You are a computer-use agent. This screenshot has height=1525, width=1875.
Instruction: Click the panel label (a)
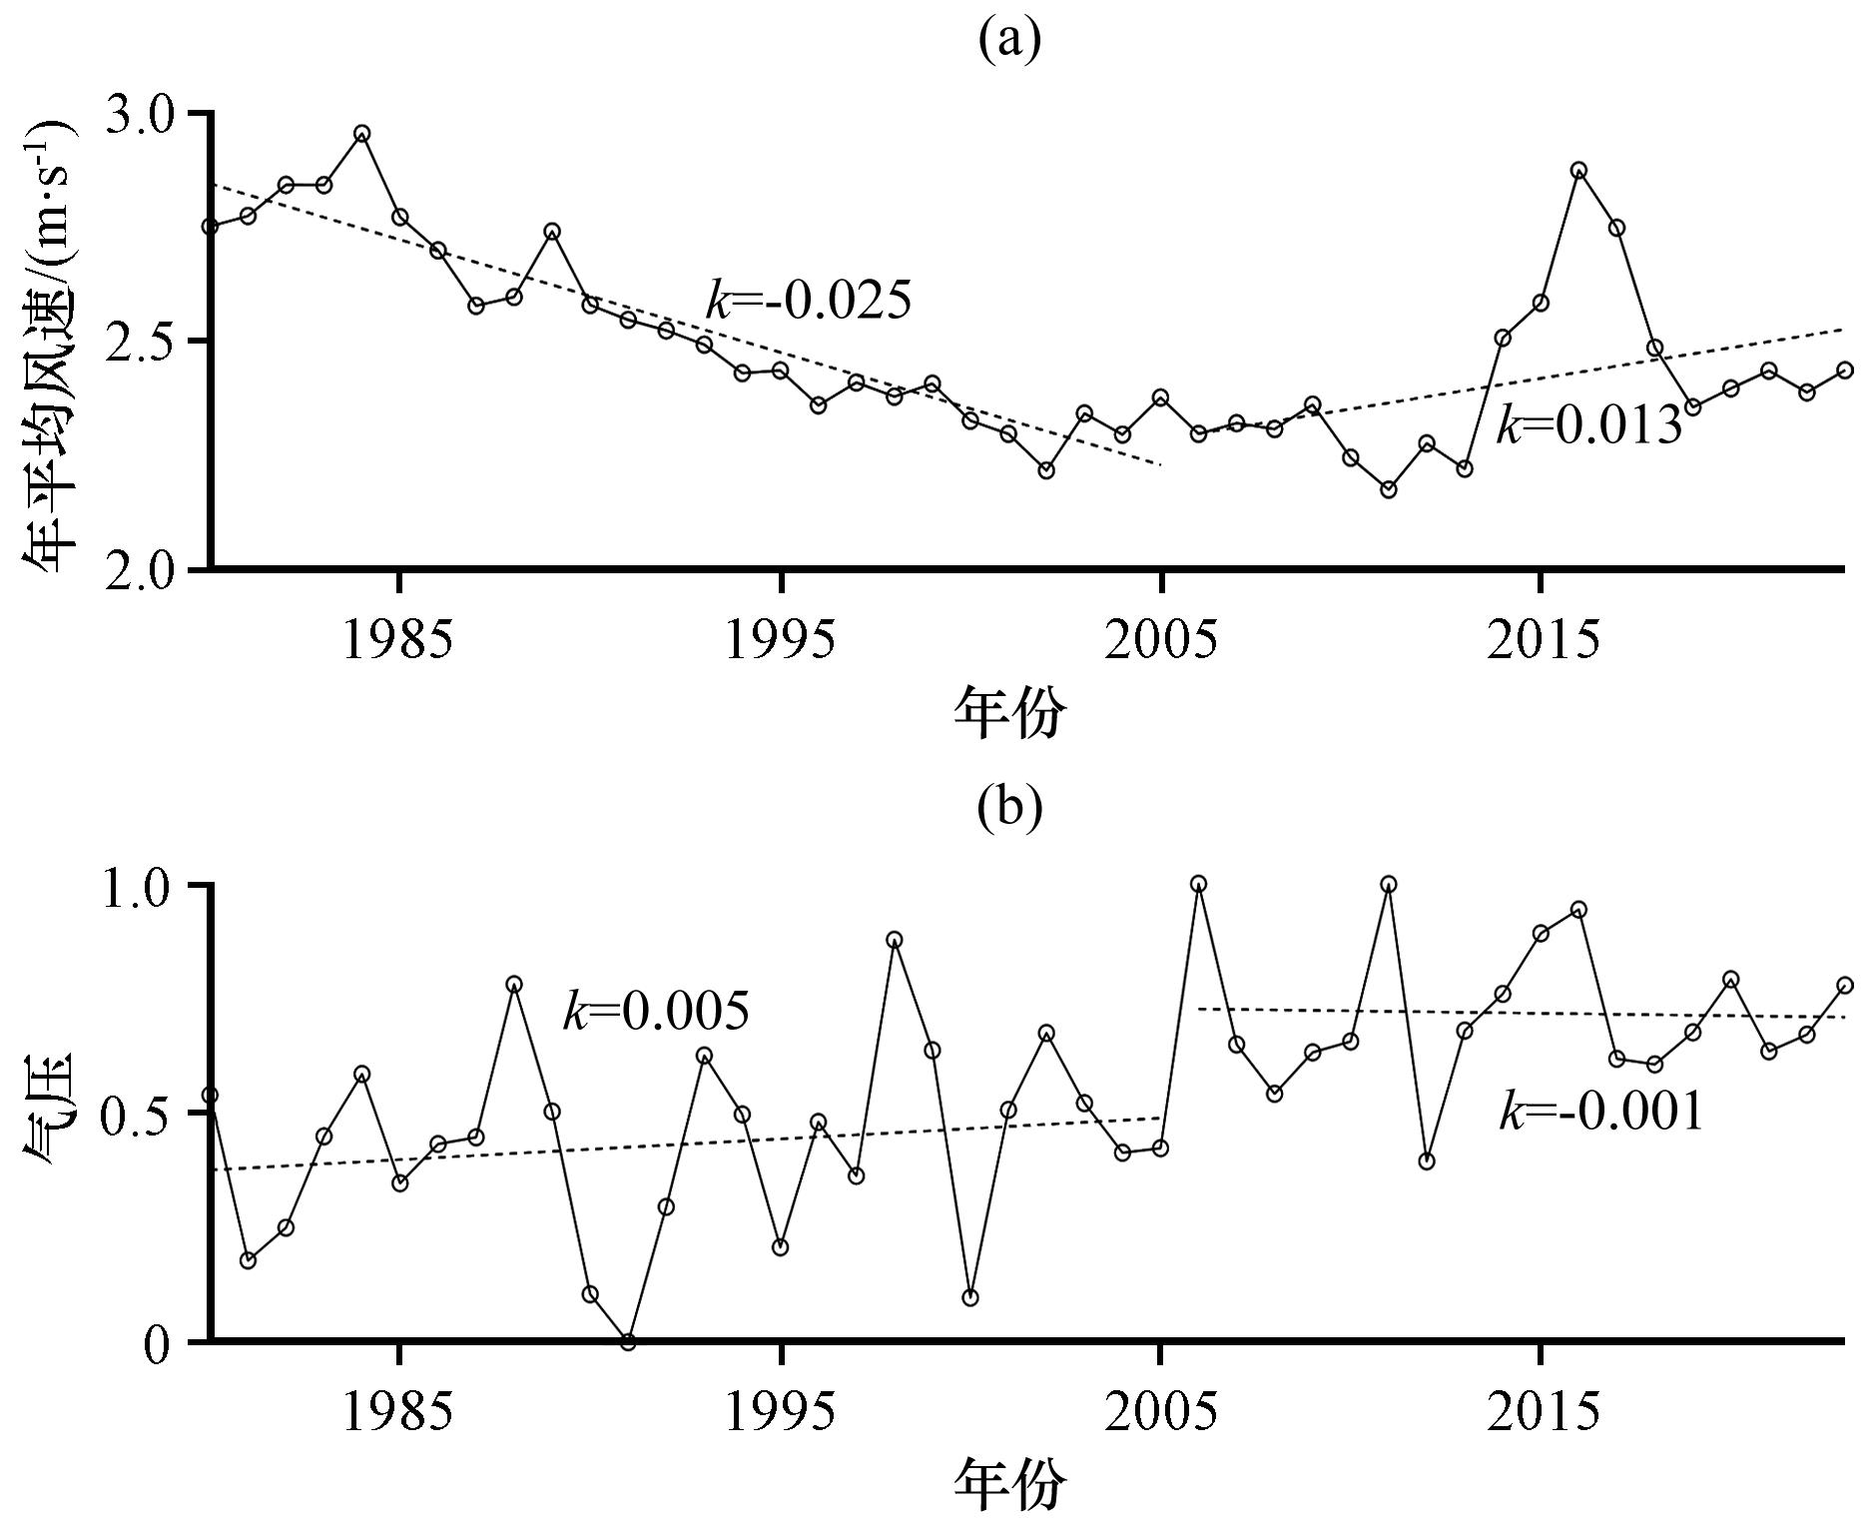click(x=1009, y=41)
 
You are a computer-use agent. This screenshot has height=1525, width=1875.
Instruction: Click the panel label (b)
click(x=1009, y=807)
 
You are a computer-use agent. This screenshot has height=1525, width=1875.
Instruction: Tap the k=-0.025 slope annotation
click(x=809, y=300)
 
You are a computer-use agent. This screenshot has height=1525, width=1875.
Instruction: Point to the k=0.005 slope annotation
click(x=655, y=1012)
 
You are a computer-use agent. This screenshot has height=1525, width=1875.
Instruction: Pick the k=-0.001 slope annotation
click(x=1600, y=1112)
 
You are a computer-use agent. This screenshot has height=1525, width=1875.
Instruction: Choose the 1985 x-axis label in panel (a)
click(x=397, y=640)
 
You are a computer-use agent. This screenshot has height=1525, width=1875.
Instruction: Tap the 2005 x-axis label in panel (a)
click(x=1160, y=640)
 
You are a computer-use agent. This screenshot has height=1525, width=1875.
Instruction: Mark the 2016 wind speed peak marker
click(x=1578, y=171)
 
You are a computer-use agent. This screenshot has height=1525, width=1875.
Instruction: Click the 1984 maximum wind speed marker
click(x=362, y=134)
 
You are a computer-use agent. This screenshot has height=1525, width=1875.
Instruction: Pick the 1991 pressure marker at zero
click(x=628, y=1341)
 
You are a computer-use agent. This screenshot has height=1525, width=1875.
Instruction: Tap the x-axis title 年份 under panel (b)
click(x=1009, y=1485)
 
